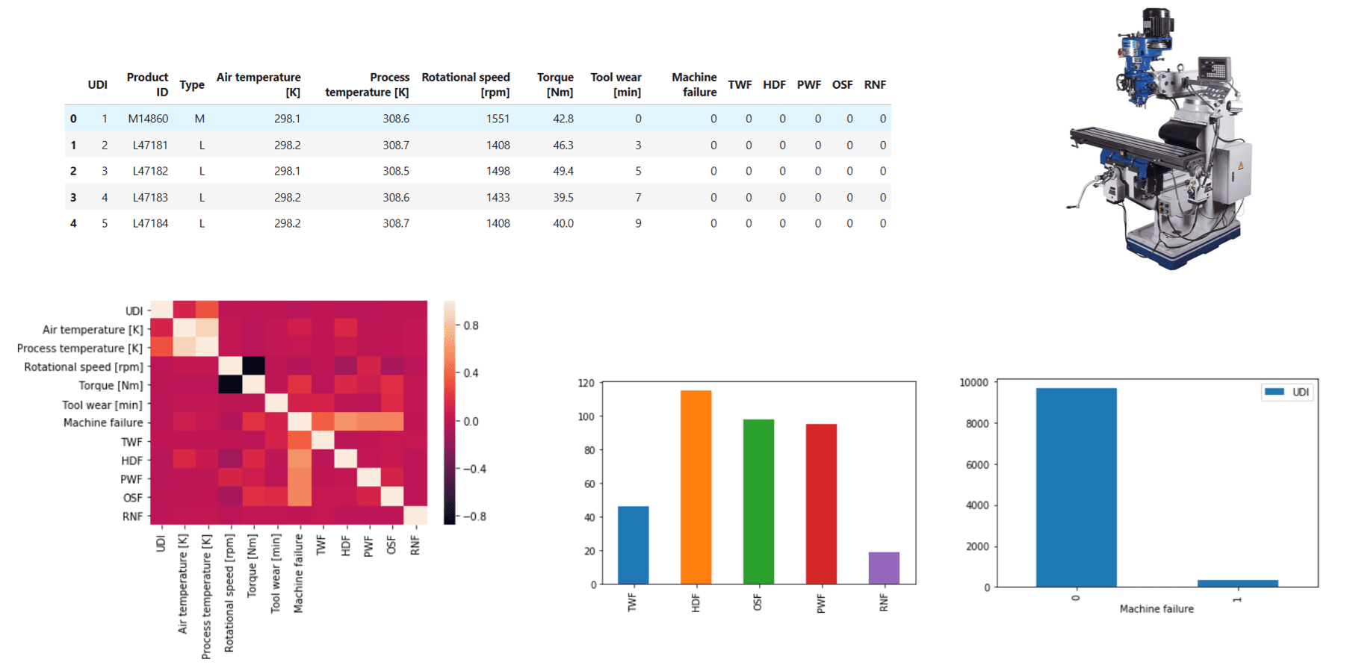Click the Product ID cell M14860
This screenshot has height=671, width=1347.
148,119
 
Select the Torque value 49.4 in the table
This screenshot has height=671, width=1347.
563,171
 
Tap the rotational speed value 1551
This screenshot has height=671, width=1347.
498,119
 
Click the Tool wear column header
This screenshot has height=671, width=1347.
616,84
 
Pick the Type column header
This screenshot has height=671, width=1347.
192,85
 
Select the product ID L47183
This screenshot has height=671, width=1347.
150,197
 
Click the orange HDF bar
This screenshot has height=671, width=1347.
696,487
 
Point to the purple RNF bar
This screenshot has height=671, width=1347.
884,568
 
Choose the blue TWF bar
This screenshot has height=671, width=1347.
633,545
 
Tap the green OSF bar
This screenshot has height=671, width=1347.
758,502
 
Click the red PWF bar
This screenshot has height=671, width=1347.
821,504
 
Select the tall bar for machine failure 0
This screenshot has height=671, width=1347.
1076,487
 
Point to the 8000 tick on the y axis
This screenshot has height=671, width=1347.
974,423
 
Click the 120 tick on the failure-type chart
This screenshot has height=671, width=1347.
586,383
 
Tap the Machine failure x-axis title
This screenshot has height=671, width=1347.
1156,609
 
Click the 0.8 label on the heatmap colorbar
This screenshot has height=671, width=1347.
471,325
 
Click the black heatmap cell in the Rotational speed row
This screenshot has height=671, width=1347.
253,366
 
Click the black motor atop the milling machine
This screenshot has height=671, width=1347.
1155,22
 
